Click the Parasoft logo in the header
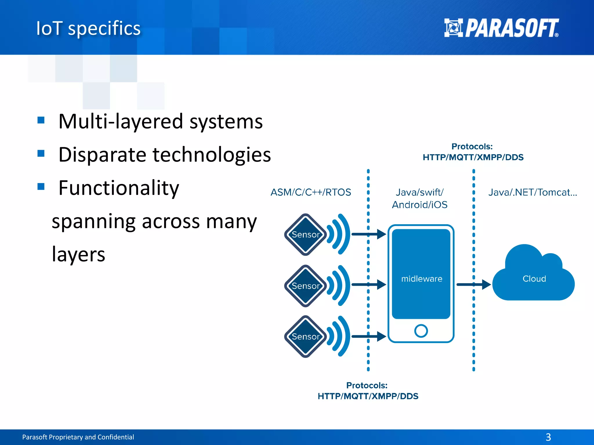501,28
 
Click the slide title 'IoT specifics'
88,28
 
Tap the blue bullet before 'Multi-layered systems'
41,120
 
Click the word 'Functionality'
119,188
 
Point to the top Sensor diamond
305,234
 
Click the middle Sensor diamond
305,286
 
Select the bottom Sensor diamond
305,336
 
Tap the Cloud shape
534,279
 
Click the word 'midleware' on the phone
421,279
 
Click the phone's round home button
421,331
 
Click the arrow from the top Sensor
369,234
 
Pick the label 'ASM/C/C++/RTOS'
311,192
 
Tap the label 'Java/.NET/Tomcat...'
533,192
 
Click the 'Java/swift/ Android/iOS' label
420,198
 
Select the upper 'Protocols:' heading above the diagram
472,146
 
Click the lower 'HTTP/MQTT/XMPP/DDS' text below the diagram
368,396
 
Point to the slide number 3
548,437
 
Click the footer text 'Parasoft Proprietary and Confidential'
78,437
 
